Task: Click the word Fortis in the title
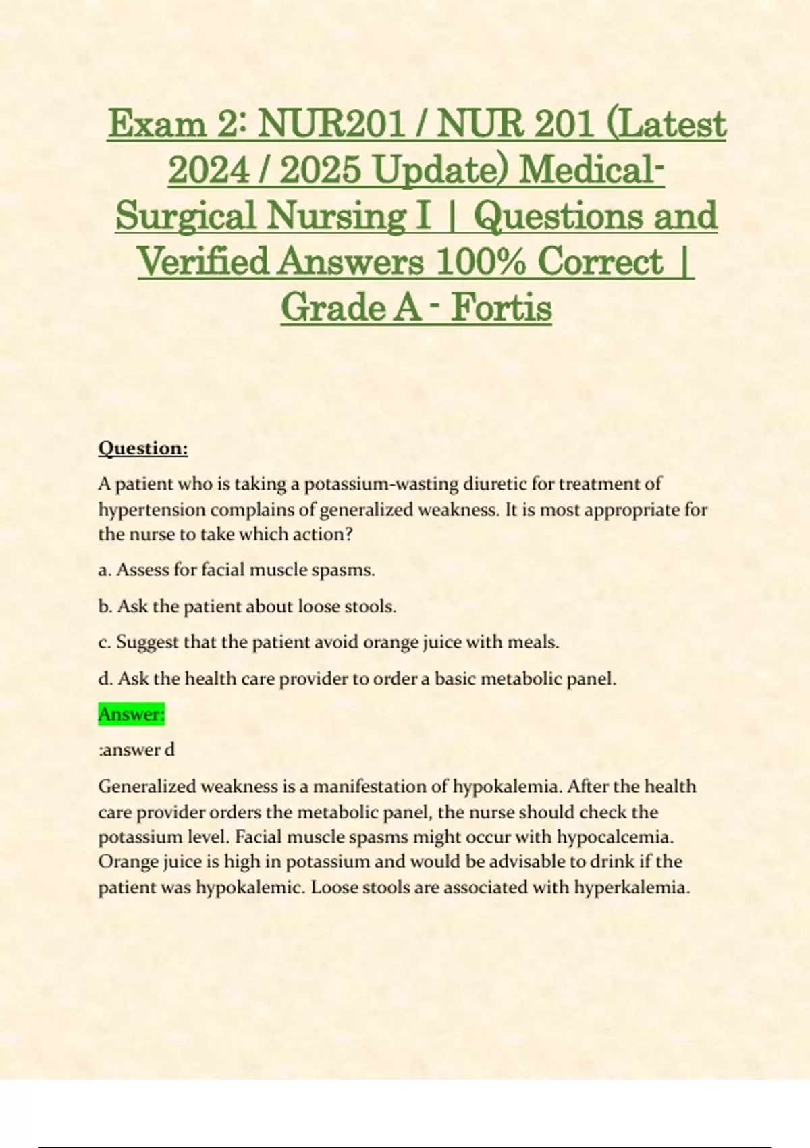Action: coord(501,308)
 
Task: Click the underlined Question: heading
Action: coord(143,448)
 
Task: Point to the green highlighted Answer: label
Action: coord(132,714)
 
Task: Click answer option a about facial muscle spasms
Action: coord(236,570)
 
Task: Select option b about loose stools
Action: coord(247,606)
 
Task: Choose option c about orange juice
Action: coord(329,642)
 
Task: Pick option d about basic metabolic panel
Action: coord(357,679)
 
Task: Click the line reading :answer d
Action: coord(137,750)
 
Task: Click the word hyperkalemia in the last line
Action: coord(631,887)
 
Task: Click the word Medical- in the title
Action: coord(591,170)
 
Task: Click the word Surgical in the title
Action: coord(186,216)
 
